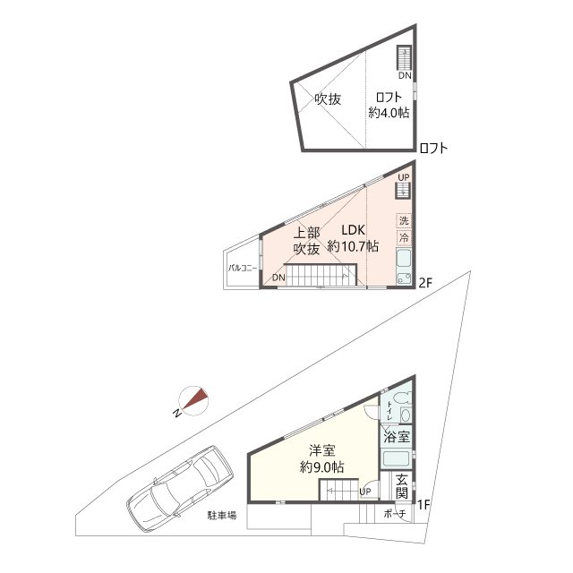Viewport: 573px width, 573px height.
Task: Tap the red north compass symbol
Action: pos(194,401)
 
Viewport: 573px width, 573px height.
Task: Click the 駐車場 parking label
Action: pos(222,516)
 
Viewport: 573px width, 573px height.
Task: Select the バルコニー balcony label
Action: pos(243,269)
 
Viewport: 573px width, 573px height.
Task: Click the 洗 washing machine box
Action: pos(404,220)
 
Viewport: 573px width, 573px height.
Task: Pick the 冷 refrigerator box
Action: pos(404,238)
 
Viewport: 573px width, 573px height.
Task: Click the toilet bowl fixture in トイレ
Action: pos(406,415)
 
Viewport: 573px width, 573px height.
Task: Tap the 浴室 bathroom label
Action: pos(397,437)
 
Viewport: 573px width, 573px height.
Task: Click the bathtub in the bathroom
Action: pos(396,460)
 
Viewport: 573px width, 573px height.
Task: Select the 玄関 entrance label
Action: pos(402,486)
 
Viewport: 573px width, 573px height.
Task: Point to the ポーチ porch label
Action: pos(395,514)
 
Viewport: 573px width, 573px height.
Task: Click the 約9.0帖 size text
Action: pos(321,466)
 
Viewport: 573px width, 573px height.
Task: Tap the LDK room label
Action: pos(353,230)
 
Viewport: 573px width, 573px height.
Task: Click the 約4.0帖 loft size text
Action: pos(389,113)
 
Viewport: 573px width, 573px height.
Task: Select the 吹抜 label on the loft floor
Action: pos(328,99)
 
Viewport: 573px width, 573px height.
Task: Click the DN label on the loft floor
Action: pos(405,75)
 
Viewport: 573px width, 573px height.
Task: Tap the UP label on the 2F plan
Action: pos(404,177)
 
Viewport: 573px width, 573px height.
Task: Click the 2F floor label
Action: pos(426,283)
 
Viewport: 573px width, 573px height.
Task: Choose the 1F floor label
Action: pos(423,505)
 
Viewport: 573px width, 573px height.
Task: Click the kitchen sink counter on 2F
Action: pos(404,267)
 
